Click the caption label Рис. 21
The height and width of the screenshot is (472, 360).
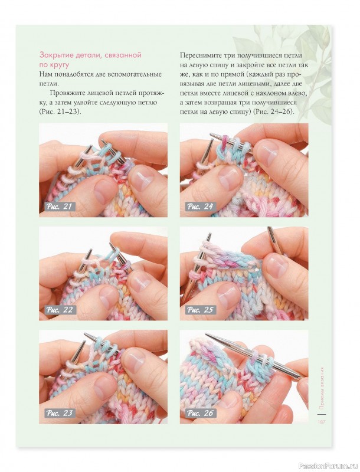point(59,206)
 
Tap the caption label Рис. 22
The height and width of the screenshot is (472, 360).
point(59,310)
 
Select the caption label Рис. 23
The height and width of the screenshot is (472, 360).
point(59,412)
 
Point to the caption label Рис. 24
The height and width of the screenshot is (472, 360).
point(200,206)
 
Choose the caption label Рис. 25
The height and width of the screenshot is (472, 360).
point(200,310)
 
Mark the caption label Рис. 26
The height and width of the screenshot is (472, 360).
point(200,412)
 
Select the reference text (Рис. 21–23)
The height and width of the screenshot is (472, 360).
point(61,112)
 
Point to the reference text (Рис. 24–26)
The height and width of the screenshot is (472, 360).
point(273,112)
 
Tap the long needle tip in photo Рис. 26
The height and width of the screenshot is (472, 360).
point(207,335)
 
